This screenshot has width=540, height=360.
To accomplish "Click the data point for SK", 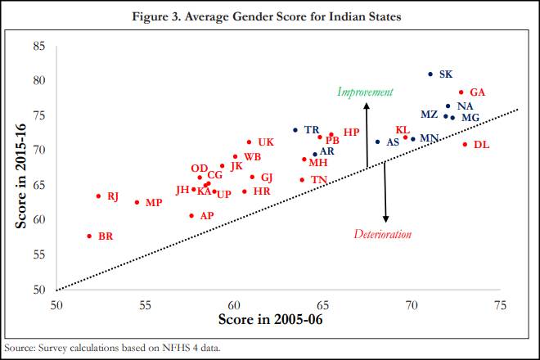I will coord(430,74).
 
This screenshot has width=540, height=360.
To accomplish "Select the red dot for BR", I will coord(89,236).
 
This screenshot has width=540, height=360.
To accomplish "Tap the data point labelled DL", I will coord(465,145).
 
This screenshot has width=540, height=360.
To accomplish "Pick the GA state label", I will coord(477,92).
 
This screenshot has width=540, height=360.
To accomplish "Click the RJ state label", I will coord(113,196).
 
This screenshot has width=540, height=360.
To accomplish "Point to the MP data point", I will coord(137,202).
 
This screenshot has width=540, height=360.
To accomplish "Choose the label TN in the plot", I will coord(319,180).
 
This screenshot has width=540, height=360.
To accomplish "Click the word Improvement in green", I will coord(365,92).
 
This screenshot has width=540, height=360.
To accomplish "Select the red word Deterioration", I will coord(382,235).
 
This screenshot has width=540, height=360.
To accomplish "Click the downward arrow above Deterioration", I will coord(385,196).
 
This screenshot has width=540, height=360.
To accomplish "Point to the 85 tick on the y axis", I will coord(39,46).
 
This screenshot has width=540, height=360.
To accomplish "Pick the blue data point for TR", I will coord(295,130).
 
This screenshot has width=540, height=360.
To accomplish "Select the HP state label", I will coord(351,132).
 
